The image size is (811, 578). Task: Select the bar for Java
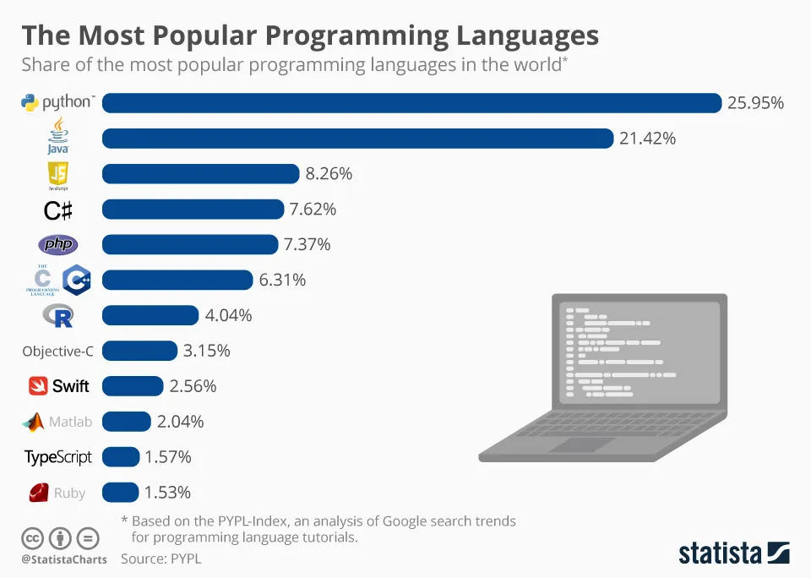(x=357, y=139)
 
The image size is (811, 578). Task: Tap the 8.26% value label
(x=329, y=174)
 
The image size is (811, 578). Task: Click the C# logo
(x=57, y=210)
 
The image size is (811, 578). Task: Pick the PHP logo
(x=58, y=245)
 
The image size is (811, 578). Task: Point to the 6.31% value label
(x=282, y=280)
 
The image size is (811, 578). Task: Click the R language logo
(x=58, y=316)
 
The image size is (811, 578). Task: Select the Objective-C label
(x=57, y=352)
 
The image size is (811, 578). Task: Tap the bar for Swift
(x=133, y=386)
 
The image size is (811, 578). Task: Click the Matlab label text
(x=70, y=422)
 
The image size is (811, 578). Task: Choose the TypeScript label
(x=58, y=457)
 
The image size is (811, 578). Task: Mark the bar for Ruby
(x=121, y=492)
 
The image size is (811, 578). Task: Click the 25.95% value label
(x=755, y=103)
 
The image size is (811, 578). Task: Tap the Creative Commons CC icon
(x=33, y=538)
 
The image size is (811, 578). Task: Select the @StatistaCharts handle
(x=63, y=559)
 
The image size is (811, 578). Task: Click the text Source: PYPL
(x=161, y=559)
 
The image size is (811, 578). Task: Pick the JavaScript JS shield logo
(x=58, y=173)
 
